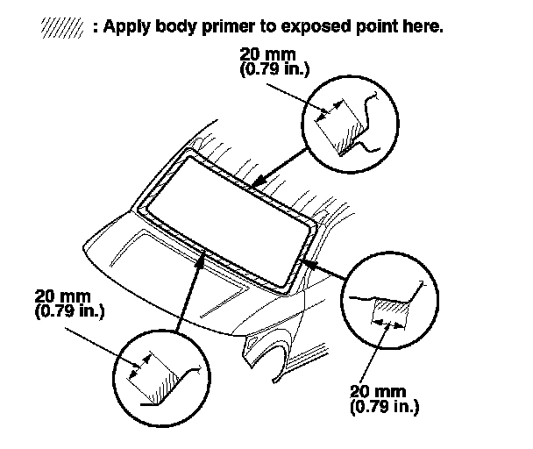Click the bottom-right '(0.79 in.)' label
pos(383,408)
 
